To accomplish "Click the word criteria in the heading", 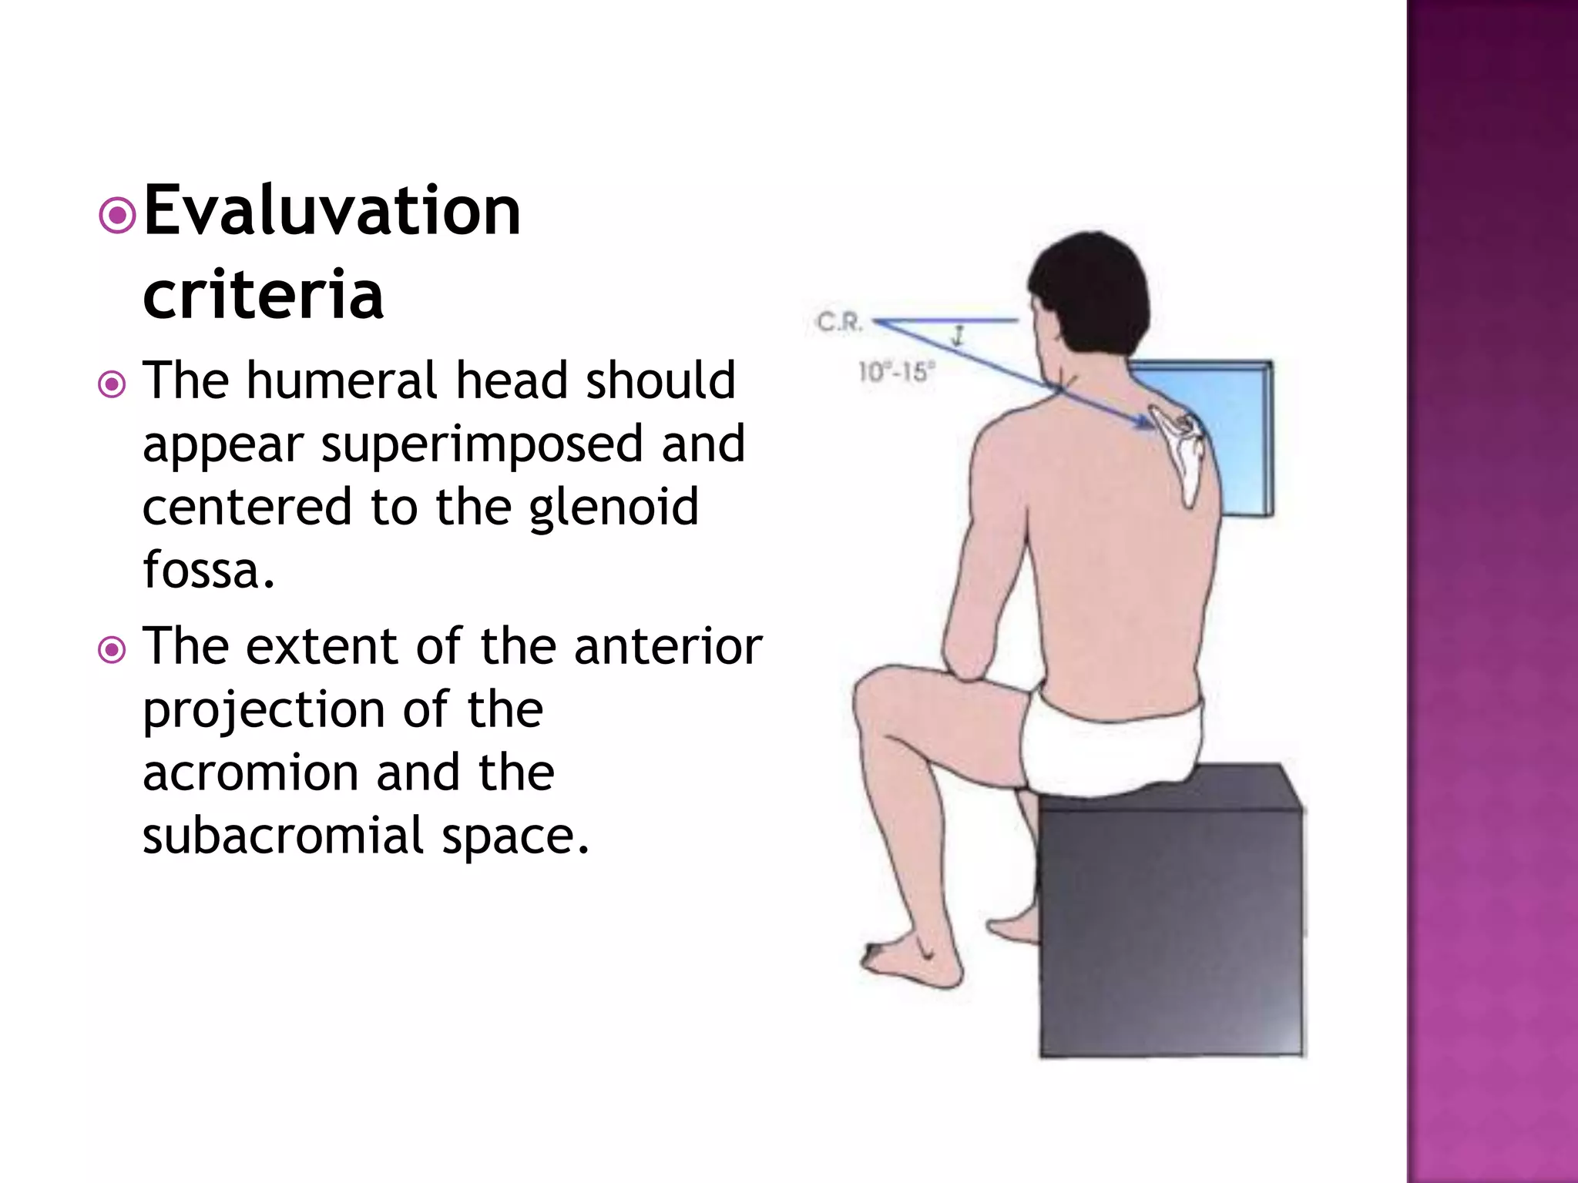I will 263,294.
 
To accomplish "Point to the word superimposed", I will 482,444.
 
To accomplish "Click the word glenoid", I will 613,508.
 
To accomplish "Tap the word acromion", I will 250,772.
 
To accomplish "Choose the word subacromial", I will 283,836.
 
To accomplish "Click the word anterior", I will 668,646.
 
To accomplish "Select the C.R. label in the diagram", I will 839,322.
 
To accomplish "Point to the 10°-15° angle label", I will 896,373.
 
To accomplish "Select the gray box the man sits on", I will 1171,924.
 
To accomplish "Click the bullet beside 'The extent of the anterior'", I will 112,650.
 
